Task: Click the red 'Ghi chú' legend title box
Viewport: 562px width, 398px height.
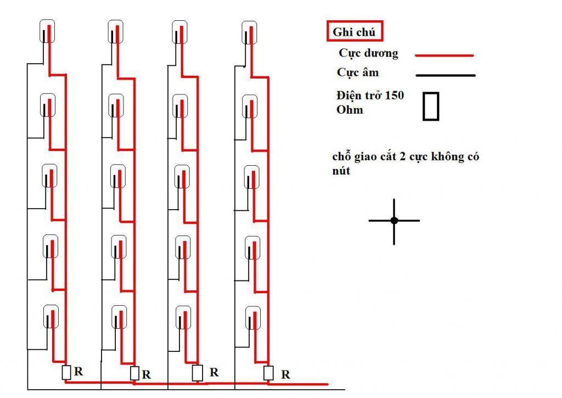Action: pos(355,31)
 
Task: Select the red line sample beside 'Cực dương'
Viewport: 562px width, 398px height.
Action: pos(445,55)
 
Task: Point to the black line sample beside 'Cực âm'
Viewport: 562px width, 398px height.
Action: pos(446,75)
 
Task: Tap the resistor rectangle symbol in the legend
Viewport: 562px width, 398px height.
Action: pos(431,106)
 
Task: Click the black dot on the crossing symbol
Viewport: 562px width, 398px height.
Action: pos(394,221)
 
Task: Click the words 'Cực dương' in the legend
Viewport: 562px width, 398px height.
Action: pos(368,53)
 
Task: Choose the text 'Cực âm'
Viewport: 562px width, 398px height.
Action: pos(358,72)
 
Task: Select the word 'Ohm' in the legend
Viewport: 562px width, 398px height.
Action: pos(350,110)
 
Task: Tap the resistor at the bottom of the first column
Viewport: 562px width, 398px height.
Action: pos(66,373)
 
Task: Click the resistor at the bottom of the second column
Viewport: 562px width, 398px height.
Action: pos(134,373)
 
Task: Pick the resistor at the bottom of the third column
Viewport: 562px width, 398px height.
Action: pos(198,373)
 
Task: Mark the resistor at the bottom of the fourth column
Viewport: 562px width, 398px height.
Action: pos(268,373)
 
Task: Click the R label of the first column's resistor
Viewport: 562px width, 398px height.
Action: pos(78,372)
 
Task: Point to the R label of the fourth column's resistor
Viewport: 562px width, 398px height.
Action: pos(285,375)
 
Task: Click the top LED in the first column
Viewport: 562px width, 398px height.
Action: pos(47,31)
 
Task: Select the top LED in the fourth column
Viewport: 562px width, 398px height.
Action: pos(249,32)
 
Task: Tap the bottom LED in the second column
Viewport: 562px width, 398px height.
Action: pos(119,317)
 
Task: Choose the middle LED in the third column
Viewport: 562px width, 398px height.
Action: pos(182,177)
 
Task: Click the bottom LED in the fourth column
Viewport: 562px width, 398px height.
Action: pos(252,318)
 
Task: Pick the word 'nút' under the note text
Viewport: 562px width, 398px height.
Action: pos(341,171)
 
